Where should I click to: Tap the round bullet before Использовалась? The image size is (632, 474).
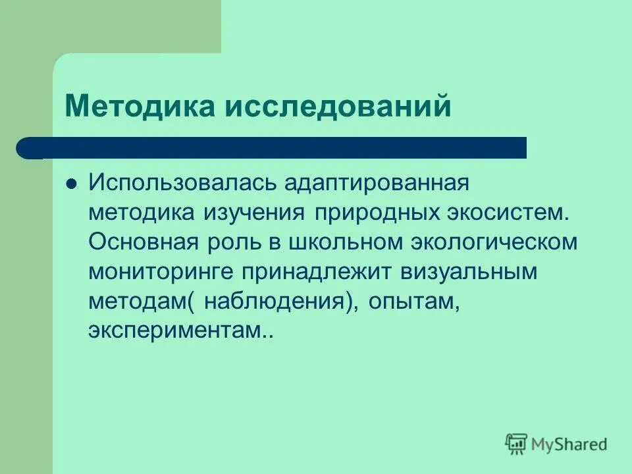point(72,182)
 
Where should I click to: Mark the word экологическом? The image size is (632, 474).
point(494,241)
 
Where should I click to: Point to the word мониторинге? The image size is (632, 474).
point(161,271)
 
